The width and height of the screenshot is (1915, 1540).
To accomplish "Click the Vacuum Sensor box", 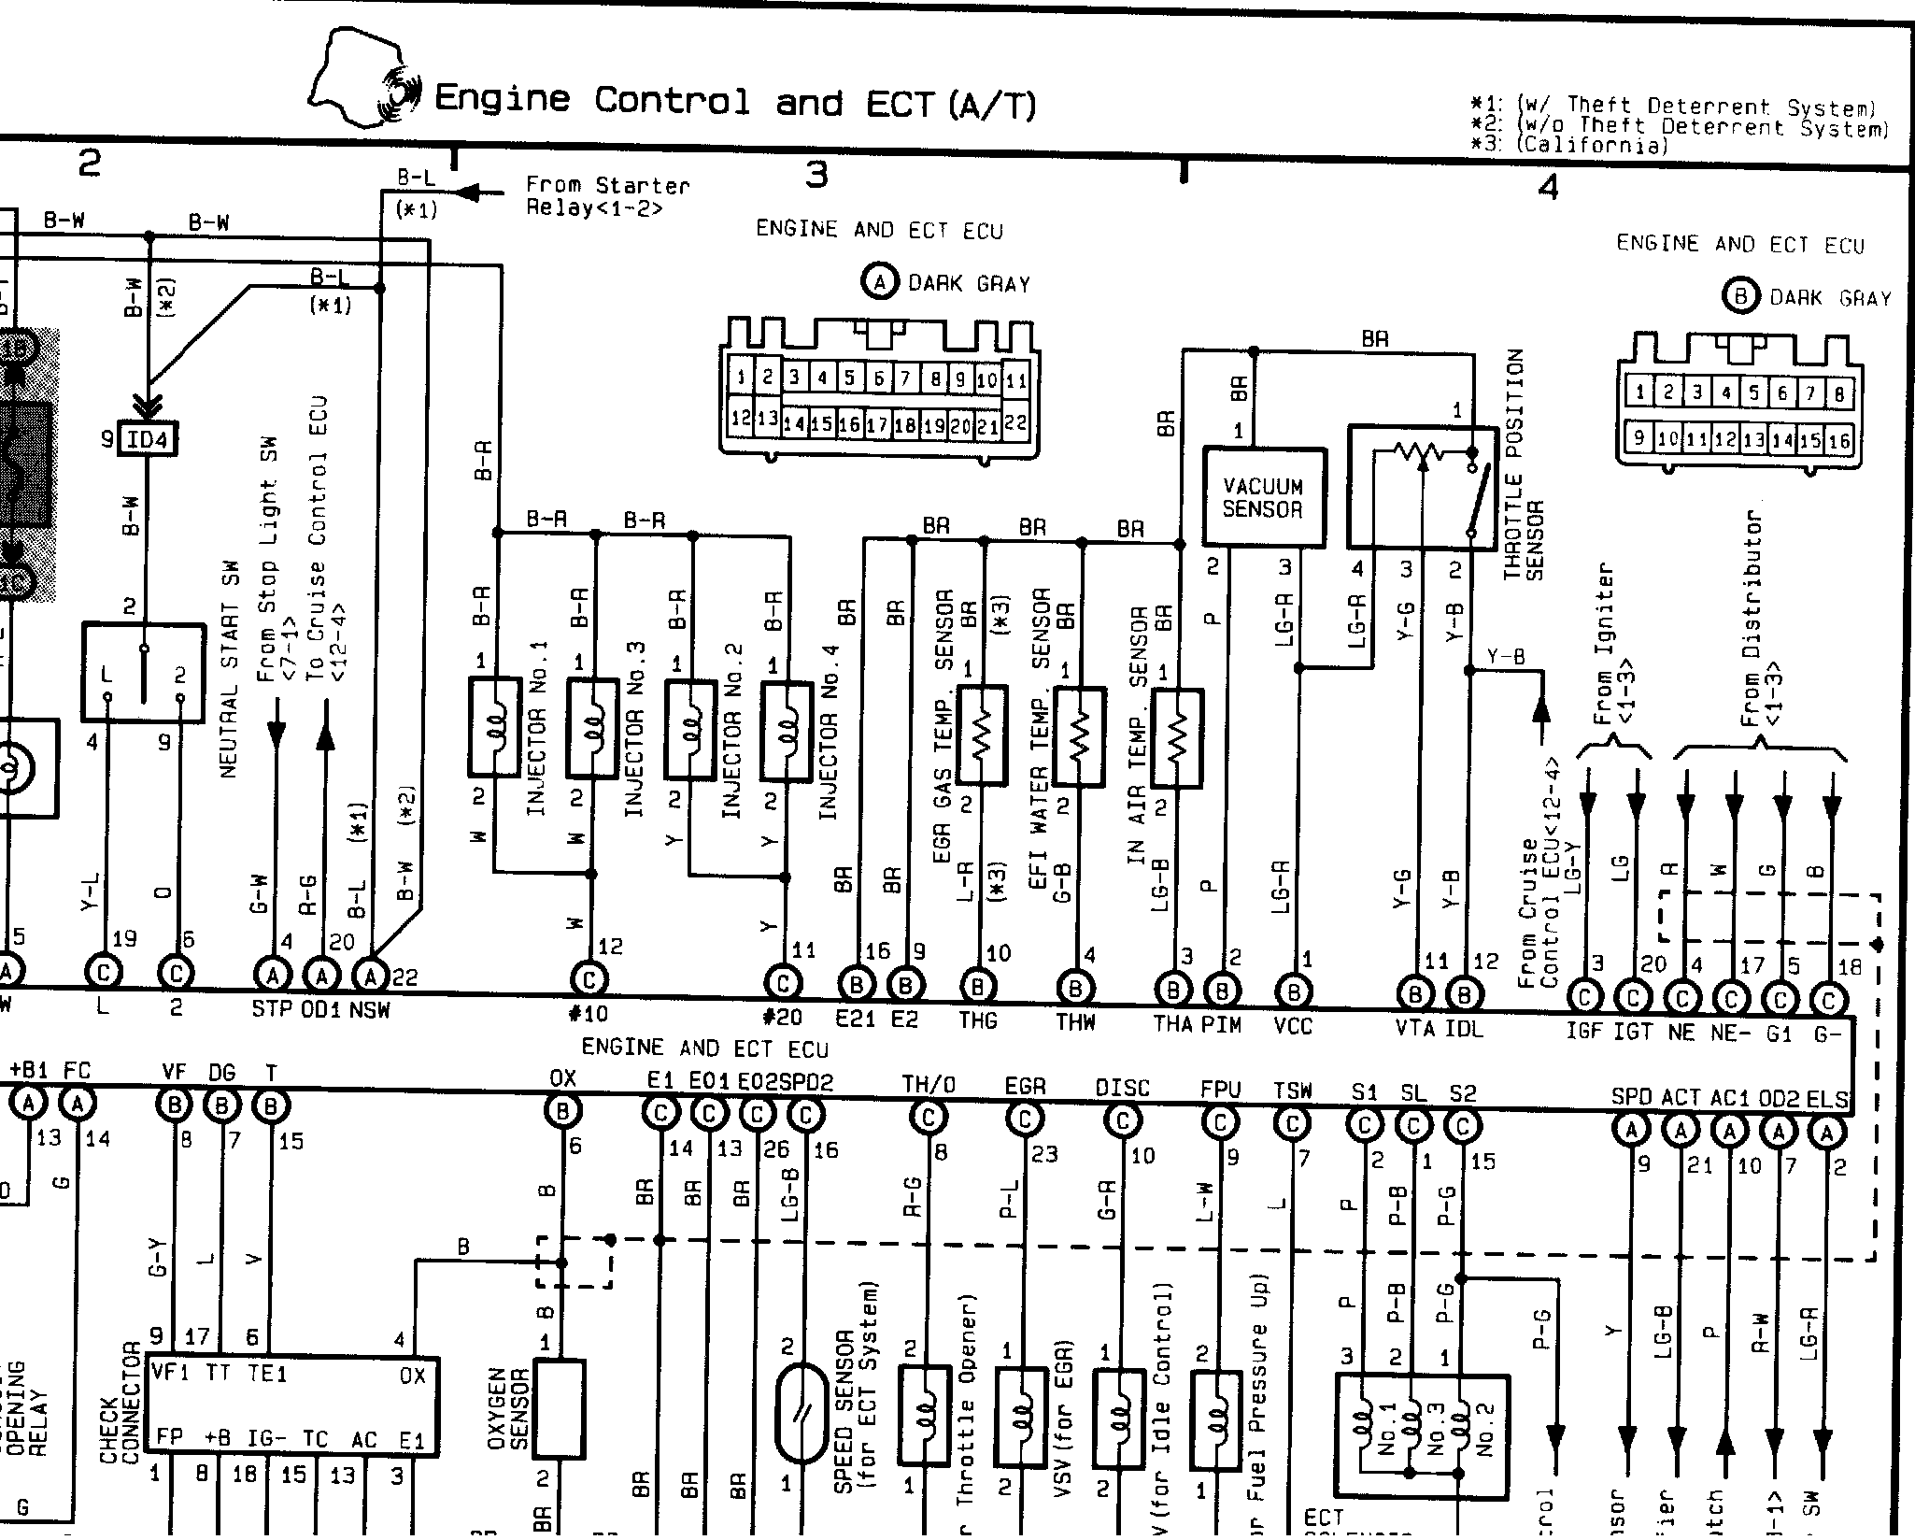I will [x=1263, y=497].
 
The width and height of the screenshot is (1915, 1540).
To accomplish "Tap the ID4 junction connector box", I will [x=147, y=438].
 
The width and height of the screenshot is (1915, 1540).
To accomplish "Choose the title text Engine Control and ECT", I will [x=735, y=101].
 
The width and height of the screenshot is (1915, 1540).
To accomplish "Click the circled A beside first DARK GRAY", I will [x=879, y=282].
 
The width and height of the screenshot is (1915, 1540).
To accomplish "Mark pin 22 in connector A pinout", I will [x=1016, y=422].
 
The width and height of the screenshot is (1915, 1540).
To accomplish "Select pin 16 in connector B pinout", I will [x=1838, y=440].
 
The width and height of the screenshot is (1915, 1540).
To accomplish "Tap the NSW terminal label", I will [x=369, y=1010].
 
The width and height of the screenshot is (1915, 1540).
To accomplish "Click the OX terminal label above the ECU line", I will [x=562, y=1079].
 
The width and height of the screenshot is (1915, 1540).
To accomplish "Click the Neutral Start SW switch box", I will [x=143, y=673].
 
